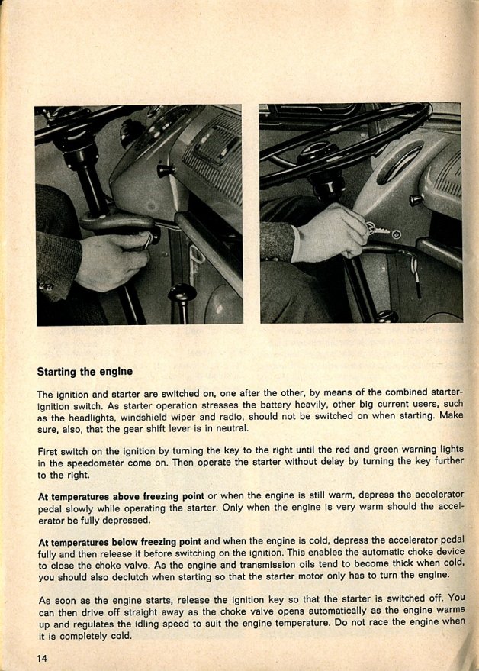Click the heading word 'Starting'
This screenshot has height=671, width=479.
pyautogui.click(x=59, y=372)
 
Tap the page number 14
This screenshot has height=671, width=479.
pyautogui.click(x=42, y=658)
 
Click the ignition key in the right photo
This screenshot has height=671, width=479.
pyautogui.click(x=377, y=228)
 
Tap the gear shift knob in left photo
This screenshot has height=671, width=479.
pyautogui.click(x=182, y=293)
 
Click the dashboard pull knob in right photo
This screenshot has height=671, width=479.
pyautogui.click(x=416, y=200)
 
